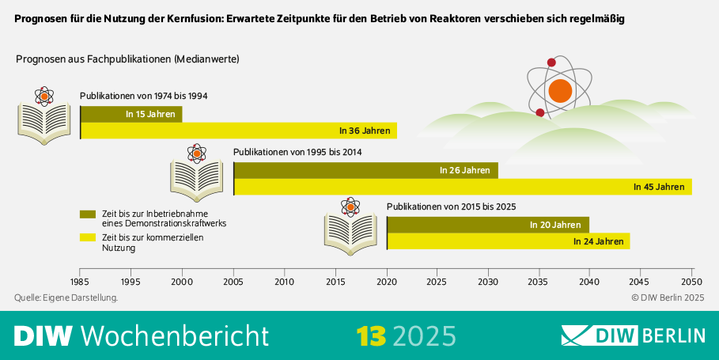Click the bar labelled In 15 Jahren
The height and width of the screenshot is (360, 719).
coord(131,114)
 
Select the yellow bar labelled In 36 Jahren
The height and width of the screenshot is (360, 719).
coord(238,131)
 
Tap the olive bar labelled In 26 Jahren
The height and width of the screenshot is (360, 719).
coord(366,170)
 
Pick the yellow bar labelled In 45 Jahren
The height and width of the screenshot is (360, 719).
coord(463,187)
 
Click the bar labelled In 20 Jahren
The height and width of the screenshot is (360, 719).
coord(488,225)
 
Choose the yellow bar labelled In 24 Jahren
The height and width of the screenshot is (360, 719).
coord(509,241)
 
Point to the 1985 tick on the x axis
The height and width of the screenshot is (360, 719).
coord(80,281)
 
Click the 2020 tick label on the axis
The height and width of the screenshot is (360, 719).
coord(387,281)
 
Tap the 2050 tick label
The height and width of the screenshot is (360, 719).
coord(692,281)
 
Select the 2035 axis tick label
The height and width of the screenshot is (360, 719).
coord(539,281)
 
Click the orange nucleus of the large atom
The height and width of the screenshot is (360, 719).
coord(560,90)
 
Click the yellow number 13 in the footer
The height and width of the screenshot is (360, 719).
coord(370,335)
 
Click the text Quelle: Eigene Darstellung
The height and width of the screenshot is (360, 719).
coord(66,297)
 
